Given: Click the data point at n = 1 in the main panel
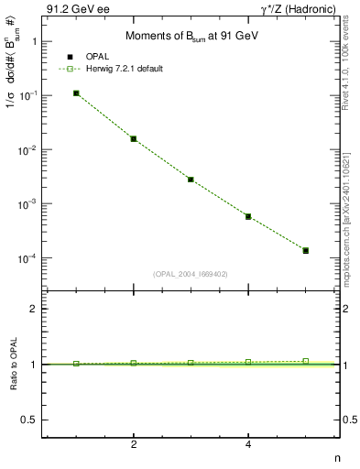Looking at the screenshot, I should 76,93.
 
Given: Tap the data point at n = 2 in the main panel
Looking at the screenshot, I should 134,139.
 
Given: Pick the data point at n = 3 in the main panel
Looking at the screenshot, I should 191,180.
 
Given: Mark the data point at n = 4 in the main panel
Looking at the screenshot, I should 248,217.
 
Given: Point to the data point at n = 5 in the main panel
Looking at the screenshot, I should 306,250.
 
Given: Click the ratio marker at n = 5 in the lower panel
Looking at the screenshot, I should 306,361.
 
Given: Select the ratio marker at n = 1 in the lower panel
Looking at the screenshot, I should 76,364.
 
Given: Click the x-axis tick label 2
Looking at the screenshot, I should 134,444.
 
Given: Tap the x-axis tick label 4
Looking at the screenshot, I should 248,444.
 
